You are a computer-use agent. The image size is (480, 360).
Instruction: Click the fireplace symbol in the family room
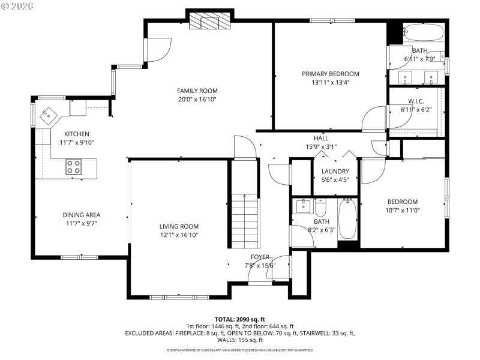point(210,22)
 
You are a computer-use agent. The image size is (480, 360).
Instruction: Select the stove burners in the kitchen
point(73,166)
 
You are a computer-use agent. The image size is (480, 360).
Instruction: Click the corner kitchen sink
point(47,115)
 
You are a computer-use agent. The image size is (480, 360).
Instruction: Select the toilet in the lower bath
point(320,208)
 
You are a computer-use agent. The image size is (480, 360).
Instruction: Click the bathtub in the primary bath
point(423,32)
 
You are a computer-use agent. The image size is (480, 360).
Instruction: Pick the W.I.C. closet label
point(416,101)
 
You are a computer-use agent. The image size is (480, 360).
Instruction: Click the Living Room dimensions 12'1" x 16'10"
point(178,235)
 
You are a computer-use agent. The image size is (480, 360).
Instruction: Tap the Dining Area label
point(81,215)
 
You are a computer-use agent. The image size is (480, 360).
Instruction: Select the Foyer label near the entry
point(260,257)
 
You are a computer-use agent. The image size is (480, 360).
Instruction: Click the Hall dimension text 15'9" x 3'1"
point(321,146)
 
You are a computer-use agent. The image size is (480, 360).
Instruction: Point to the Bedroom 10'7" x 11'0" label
point(402,202)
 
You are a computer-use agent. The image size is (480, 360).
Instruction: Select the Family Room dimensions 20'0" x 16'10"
point(196,99)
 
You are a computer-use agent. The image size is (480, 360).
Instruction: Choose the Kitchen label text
point(77,134)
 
